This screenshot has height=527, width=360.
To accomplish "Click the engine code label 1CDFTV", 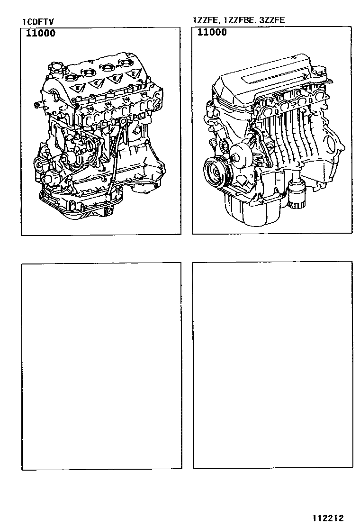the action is click(x=38, y=22).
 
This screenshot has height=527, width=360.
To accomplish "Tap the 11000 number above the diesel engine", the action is click(x=41, y=33).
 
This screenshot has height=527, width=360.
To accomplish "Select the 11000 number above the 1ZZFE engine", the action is click(x=212, y=32).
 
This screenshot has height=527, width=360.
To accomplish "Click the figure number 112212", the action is click(x=328, y=518).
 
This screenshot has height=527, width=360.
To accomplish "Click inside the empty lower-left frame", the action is click(x=101, y=366).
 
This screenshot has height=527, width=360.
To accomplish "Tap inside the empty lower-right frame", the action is click(x=273, y=364).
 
